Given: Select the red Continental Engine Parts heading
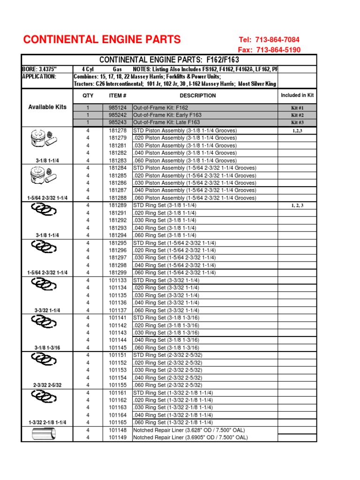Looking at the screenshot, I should pos(102,39).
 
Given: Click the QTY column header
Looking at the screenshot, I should pos(88,96).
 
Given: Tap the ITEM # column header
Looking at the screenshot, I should pos(118,96).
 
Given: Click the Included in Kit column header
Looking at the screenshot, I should pos(297,96).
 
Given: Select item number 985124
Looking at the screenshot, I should pos(118,108).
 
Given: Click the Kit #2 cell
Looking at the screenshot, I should pos(297,115).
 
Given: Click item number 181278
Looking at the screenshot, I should pos(118,130).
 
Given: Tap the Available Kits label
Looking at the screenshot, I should pos(47,107).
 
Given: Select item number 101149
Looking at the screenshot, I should pos(118,437).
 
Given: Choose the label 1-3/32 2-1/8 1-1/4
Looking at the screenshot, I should pos(47,422).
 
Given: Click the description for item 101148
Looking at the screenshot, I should pos(189,430).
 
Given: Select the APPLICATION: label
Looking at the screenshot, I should pos(39,76).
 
